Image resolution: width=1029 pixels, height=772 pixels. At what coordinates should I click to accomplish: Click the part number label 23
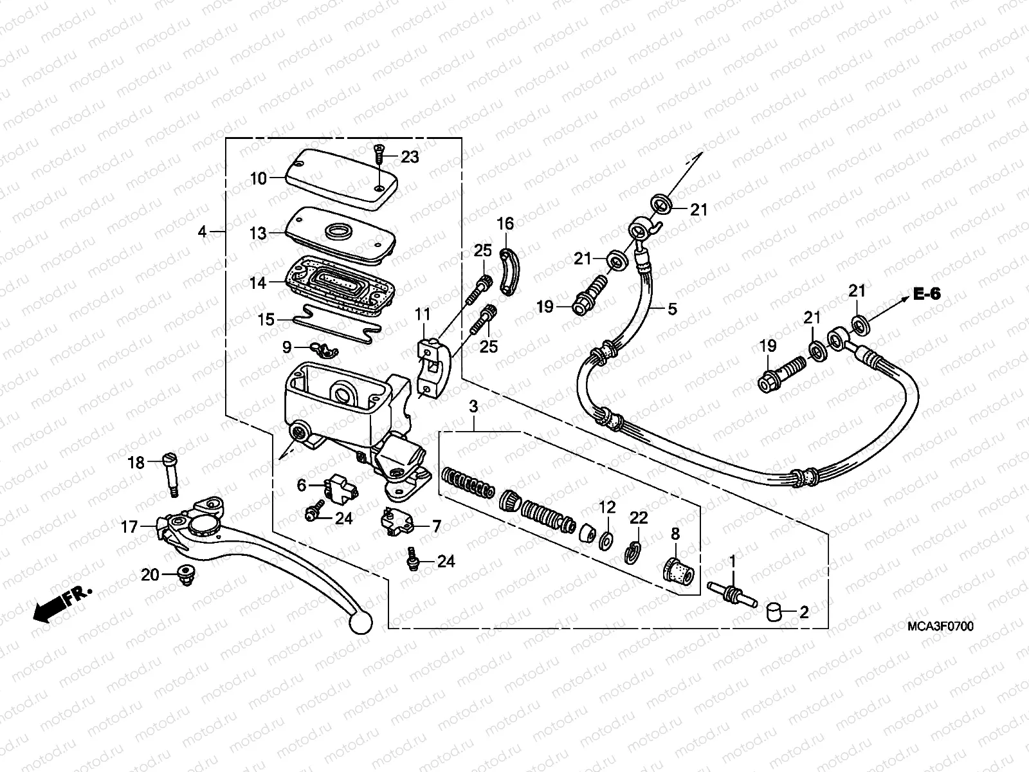coord(410,156)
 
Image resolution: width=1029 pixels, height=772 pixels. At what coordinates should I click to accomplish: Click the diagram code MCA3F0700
coord(940,626)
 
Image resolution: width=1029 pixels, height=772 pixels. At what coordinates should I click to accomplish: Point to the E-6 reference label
coord(926,295)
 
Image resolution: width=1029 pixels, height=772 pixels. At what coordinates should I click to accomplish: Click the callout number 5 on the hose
coord(672,309)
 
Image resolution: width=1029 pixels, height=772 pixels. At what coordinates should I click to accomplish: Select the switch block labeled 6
coord(343,490)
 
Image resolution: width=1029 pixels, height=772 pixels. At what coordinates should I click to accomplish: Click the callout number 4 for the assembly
coord(203,232)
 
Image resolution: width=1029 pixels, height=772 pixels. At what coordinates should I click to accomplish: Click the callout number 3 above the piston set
coord(473,407)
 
